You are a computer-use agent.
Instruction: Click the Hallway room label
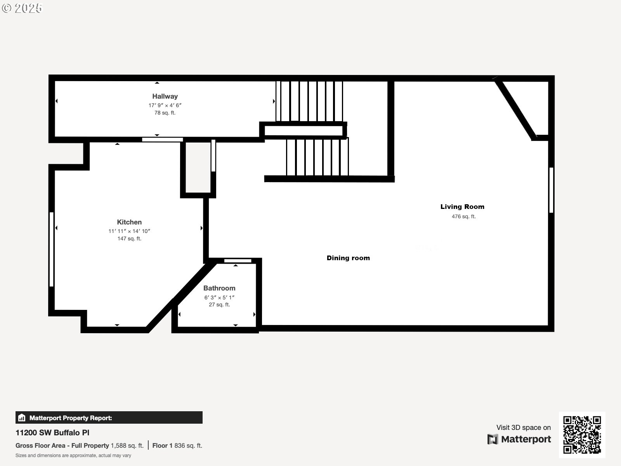(x=165, y=96)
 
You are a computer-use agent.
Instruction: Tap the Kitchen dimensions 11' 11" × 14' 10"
(x=129, y=231)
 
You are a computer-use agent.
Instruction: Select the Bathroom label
(x=219, y=288)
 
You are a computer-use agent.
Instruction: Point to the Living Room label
(x=462, y=207)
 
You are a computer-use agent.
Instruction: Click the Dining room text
(x=348, y=258)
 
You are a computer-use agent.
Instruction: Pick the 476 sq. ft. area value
(x=463, y=217)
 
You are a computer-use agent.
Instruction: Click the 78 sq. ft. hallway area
(x=165, y=113)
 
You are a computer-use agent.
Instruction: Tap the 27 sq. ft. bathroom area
(x=219, y=305)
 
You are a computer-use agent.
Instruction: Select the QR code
(x=582, y=435)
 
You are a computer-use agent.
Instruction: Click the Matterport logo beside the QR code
(x=519, y=439)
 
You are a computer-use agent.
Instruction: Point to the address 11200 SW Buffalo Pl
(x=52, y=433)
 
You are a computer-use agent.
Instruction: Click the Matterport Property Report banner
(x=109, y=418)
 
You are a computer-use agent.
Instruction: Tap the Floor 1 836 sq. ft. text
(x=177, y=445)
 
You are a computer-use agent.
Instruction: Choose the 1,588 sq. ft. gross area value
(x=127, y=445)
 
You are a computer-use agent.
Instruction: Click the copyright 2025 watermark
(x=22, y=8)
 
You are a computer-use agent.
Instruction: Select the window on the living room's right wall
(x=551, y=190)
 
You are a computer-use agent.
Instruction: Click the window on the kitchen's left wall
(x=51, y=249)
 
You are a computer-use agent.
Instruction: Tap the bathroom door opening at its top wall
(x=238, y=261)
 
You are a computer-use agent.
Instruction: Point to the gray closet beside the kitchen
(x=198, y=167)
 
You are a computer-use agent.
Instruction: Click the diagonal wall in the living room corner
(x=516, y=110)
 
